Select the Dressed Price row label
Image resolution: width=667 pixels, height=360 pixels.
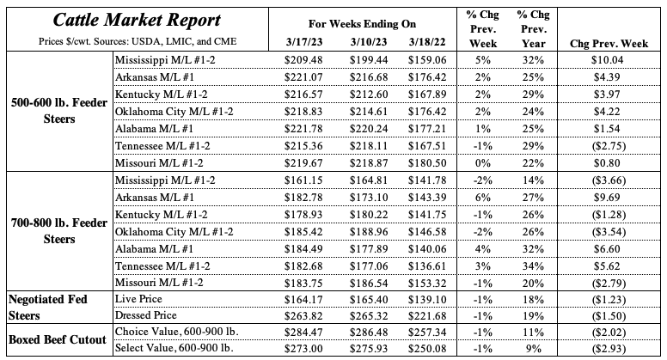[x=147, y=314]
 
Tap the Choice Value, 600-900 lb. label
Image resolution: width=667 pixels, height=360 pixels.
[x=176, y=332]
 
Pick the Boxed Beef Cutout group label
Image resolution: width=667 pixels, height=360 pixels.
[x=57, y=340]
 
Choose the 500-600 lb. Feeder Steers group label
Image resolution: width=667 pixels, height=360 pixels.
[x=57, y=111]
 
